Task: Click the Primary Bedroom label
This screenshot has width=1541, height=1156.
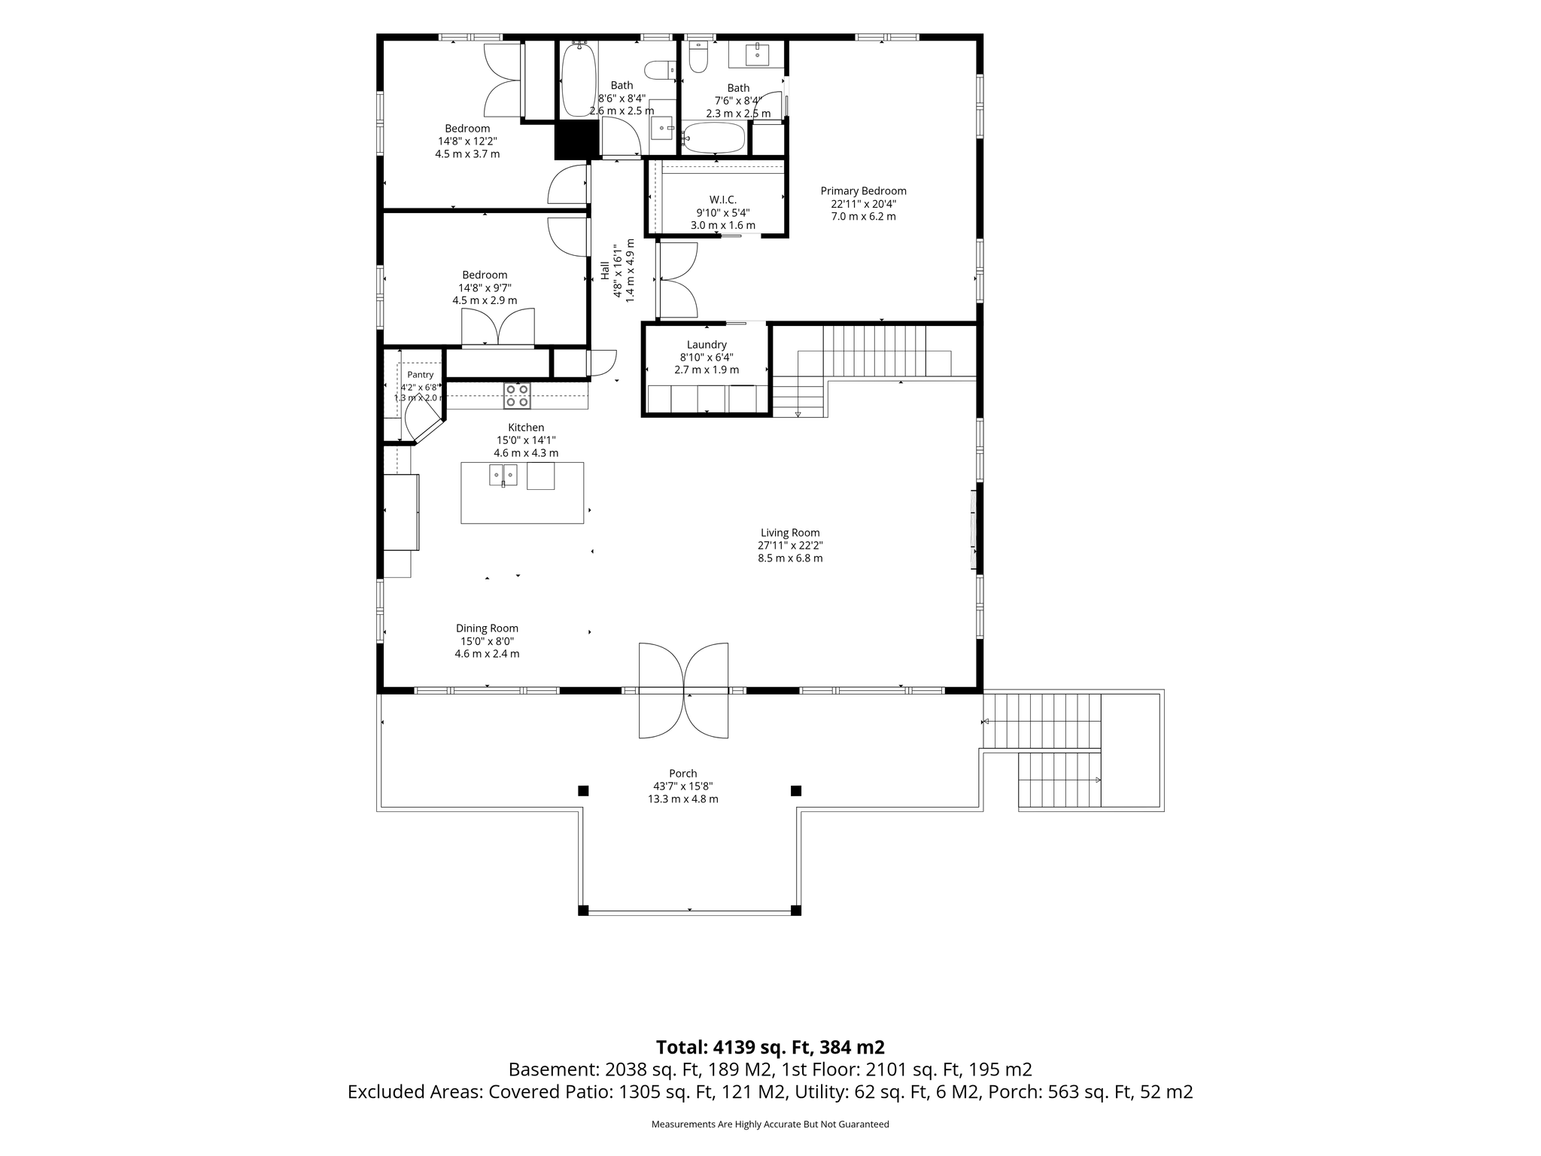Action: (863, 191)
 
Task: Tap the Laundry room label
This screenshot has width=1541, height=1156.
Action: (707, 345)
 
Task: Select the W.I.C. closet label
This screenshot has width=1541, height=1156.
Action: (722, 199)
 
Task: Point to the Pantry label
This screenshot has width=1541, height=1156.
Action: (420, 375)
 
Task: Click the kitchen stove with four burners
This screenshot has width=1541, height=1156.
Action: (517, 396)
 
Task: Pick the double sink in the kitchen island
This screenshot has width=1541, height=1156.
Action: (503, 476)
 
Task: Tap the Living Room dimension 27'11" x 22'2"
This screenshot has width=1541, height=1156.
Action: (790, 546)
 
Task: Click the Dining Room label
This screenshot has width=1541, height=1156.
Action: (487, 628)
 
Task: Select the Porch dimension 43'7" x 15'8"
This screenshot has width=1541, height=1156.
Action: (682, 786)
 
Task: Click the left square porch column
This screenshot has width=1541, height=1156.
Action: (582, 790)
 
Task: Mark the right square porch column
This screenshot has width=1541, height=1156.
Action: (796, 790)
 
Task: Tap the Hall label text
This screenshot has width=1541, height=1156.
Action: (605, 270)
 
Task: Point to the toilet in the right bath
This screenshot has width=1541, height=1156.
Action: (698, 57)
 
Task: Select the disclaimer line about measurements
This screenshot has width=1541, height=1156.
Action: (770, 1124)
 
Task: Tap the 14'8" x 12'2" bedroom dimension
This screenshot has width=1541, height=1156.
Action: (467, 141)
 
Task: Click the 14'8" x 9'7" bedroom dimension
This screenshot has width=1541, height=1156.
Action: (485, 287)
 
